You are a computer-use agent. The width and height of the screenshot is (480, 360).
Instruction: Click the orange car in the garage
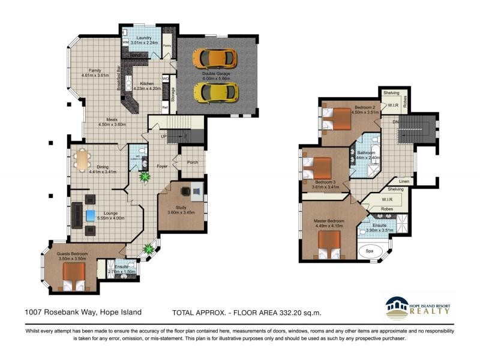click(215, 58)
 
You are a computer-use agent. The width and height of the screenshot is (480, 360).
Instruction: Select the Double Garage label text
click(215, 74)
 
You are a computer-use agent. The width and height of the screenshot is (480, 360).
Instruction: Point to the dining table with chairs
click(83, 160)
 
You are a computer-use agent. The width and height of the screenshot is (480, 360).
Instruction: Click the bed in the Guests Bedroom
click(73, 275)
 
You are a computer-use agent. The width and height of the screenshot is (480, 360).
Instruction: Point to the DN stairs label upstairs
click(395, 122)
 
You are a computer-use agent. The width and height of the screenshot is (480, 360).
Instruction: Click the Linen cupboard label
click(404, 181)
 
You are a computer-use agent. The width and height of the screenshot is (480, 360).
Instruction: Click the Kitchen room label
click(147, 84)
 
